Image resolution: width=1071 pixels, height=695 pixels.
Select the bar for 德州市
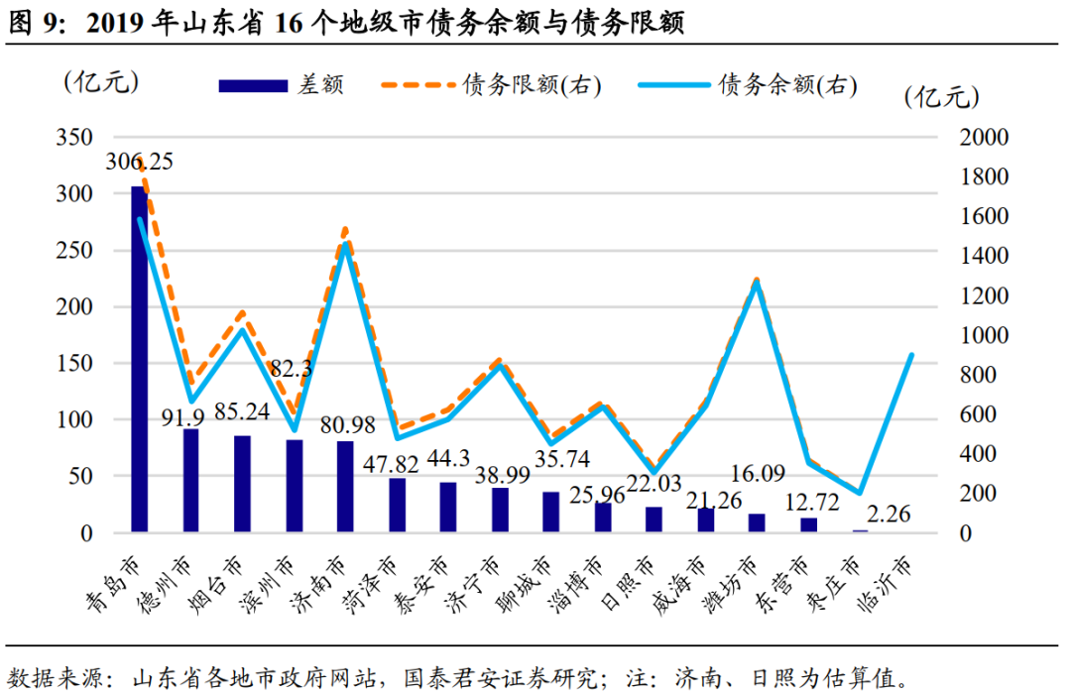point(190,481)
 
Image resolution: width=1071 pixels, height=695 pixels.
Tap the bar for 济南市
point(345,487)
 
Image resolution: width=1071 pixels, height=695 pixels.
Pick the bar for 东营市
point(808,524)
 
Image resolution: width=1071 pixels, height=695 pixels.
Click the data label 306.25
point(140,162)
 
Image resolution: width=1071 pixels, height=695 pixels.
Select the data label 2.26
point(889,514)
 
